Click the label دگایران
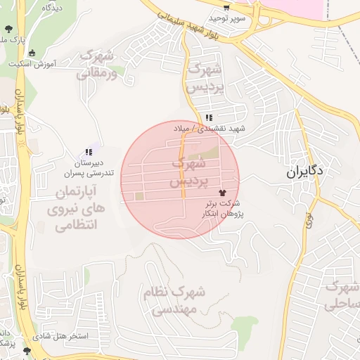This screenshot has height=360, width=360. pyautogui.click(x=305, y=172)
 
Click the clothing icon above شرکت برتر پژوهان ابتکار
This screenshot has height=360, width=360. pyautogui.click(x=223, y=191)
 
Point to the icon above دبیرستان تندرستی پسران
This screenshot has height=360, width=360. pyautogui.click(x=89, y=152)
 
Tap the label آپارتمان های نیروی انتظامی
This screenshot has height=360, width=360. pyautogui.click(x=75, y=209)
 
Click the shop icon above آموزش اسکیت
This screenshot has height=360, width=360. pyautogui.click(x=32, y=53)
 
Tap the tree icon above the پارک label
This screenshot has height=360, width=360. pyautogui.click(x=8, y=29)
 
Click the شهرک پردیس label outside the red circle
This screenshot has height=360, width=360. pyautogui.click(x=205, y=78)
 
